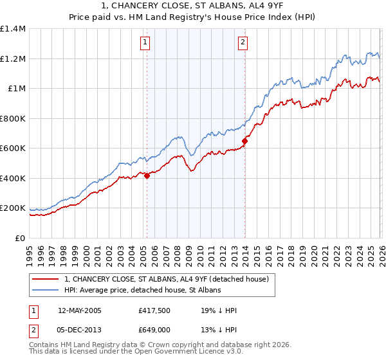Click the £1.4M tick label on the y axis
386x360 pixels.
[13, 29]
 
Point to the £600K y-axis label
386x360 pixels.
[13, 148]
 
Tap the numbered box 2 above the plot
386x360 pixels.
[243, 43]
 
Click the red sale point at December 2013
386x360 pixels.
[244, 141]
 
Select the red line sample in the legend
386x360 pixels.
[46, 279]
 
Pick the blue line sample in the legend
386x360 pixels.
[46, 291]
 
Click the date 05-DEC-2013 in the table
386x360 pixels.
[79, 329]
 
